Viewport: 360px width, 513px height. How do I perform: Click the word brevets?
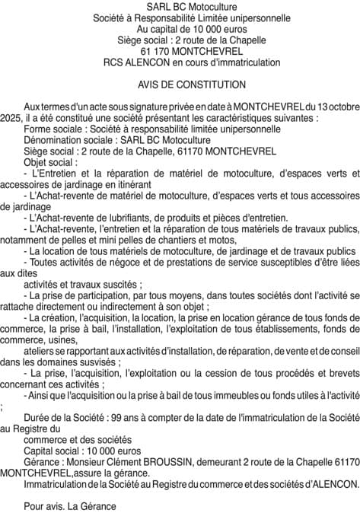(x=340, y=374)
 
